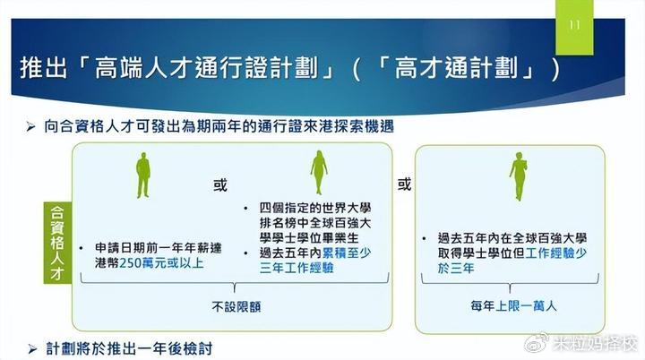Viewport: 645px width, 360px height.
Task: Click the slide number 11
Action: [574, 25]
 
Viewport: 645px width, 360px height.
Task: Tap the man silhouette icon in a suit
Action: [142, 176]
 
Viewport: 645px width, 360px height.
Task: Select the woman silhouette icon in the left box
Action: [319, 173]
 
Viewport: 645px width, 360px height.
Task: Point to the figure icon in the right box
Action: [519, 176]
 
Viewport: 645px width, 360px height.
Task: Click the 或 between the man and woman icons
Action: [220, 185]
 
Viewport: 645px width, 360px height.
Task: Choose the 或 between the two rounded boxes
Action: [404, 184]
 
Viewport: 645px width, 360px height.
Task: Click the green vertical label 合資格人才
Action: [57, 243]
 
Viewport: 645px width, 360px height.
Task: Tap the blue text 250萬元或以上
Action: [161, 263]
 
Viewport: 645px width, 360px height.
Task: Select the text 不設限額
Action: [236, 306]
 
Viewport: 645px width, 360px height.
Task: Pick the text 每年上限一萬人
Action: [513, 306]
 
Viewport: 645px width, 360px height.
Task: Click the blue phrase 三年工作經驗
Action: [297, 269]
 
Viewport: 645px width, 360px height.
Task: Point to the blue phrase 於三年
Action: [456, 269]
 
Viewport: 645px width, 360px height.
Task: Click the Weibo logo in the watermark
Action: [537, 344]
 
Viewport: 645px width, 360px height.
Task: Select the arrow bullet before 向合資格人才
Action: [30, 127]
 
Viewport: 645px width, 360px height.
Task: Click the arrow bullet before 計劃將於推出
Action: [32, 349]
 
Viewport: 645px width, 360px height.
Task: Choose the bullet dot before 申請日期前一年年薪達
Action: [81, 248]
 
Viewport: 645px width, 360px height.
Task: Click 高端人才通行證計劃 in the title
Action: [206, 68]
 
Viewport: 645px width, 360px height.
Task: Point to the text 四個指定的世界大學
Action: [315, 208]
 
